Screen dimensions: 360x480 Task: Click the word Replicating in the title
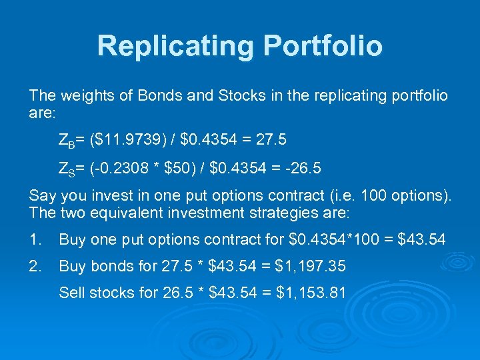175,46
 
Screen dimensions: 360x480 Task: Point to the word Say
42,197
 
